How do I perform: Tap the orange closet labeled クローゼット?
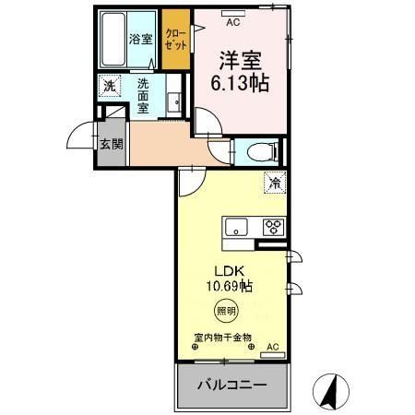175,39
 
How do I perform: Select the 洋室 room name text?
239,61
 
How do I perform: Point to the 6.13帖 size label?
239,81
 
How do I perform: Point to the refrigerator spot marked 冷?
275,183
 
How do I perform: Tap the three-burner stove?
275,226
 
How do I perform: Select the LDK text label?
230,271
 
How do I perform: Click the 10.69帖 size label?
230,287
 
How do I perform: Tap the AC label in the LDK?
272,347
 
